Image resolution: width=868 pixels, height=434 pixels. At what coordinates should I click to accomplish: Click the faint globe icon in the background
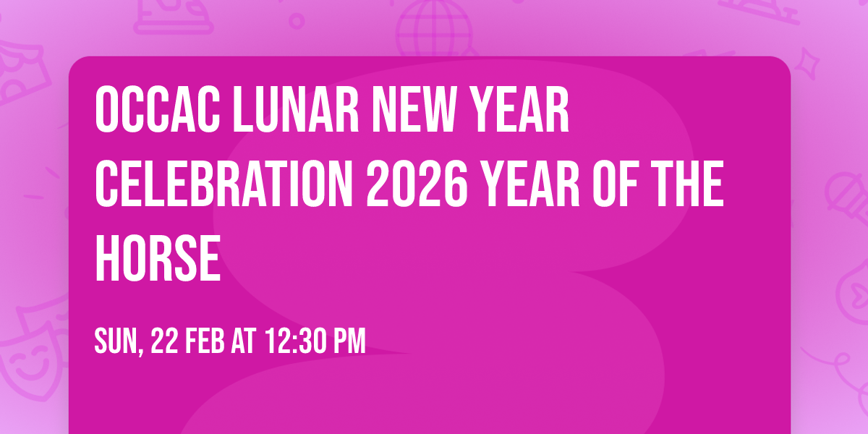[433, 29]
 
